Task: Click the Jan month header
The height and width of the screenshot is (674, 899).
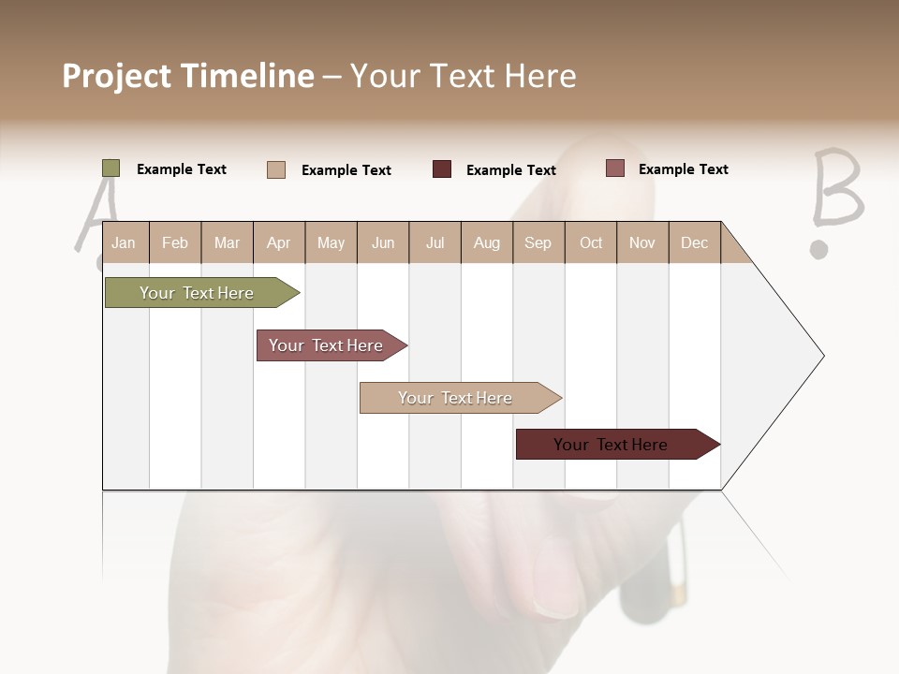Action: pos(124,242)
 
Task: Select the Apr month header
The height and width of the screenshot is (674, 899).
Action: pos(279,242)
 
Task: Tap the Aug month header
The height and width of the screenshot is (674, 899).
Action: pos(487,242)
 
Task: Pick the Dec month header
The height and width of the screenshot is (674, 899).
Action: pos(695,242)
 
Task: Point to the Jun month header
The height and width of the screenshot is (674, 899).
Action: pos(383,242)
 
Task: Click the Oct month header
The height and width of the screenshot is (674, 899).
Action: pos(591,242)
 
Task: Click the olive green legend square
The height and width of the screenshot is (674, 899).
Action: pos(111,168)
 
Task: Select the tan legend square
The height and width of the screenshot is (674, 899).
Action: pos(276,169)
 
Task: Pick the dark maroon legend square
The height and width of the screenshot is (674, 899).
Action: pos(442,169)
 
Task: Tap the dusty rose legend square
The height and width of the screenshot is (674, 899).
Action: pos(614,168)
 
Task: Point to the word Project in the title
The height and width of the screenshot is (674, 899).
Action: pos(117,76)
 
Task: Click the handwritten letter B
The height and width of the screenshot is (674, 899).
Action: pos(836,189)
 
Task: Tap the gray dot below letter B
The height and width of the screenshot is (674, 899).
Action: pos(819,250)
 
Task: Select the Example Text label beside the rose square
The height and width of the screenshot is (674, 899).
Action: pos(683,169)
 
